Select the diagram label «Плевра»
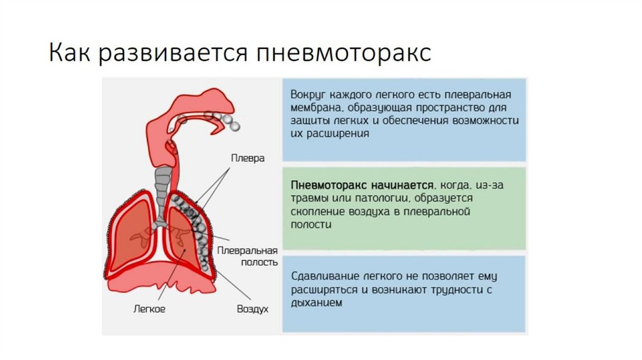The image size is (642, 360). click(248, 158)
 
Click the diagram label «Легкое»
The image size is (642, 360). click(149, 309)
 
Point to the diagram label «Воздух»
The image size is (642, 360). click(252, 309)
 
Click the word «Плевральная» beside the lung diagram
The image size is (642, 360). click(247, 250)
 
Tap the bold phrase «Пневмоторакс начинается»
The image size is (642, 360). click(362, 186)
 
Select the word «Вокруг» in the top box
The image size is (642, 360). click(308, 94)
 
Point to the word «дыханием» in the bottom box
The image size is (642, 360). click(317, 303)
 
